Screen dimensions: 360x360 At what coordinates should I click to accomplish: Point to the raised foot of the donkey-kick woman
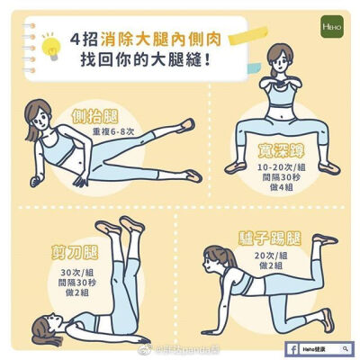[x=326, y=239]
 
